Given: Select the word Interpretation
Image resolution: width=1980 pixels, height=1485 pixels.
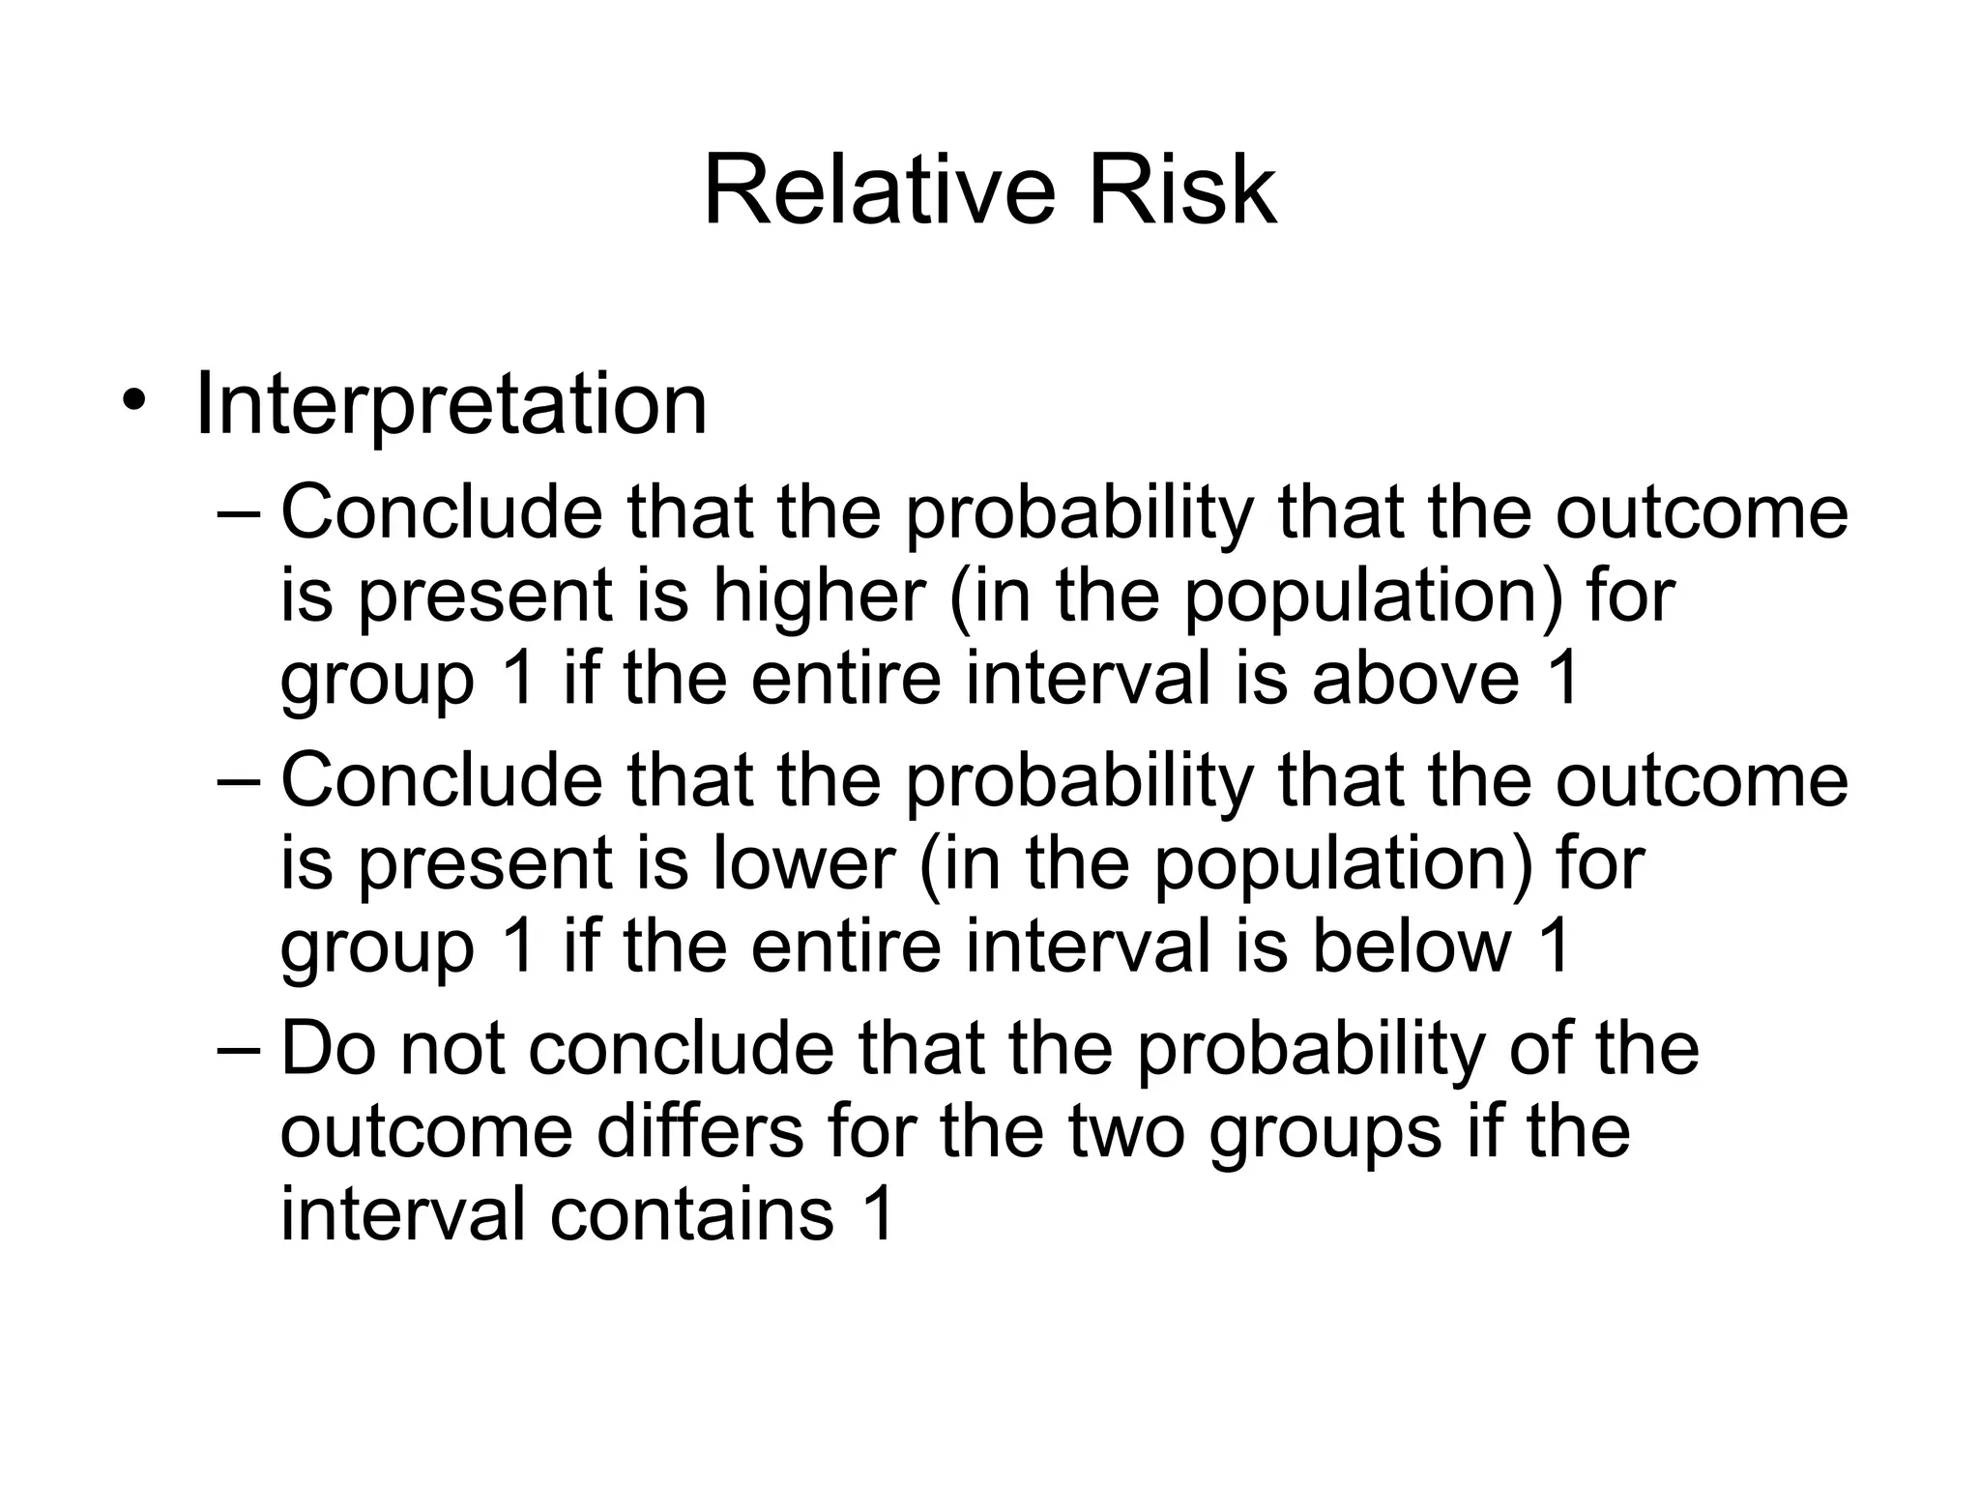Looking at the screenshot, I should (451, 404).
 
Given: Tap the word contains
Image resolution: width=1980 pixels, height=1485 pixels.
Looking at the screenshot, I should (691, 1214).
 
